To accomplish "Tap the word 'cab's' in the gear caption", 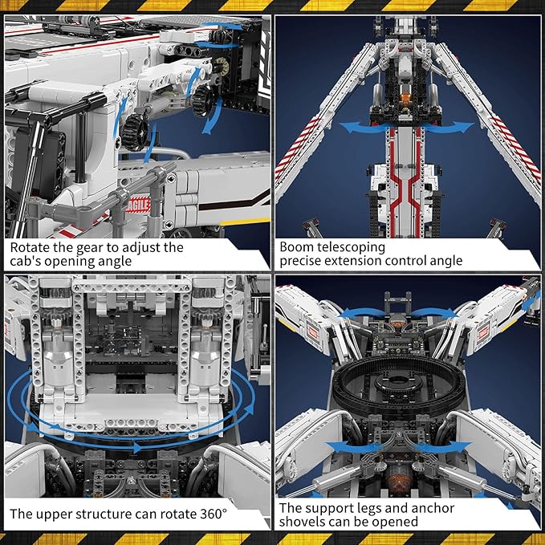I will (x=26, y=261).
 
